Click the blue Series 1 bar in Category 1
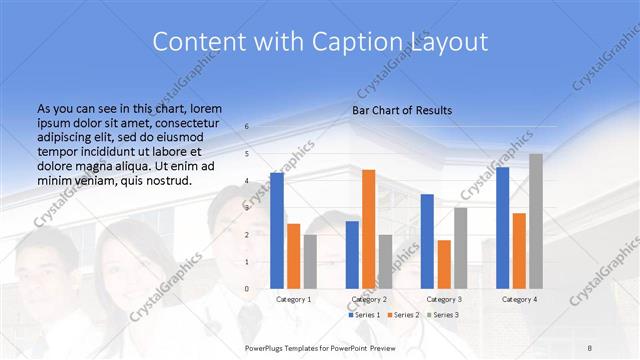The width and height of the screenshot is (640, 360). pos(277,231)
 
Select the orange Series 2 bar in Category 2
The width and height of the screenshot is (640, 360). pos(368,229)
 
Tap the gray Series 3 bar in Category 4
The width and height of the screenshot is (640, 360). pos(536,221)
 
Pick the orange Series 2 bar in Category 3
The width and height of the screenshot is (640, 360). pos(444,264)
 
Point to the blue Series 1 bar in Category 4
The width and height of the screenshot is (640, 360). pos(502,228)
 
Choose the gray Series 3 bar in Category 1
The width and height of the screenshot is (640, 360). pos(310,262)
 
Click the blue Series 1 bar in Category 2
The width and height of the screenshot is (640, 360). pos(352,255)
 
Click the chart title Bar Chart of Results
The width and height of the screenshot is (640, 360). pos(402,110)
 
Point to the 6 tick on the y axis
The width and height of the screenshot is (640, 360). pos(247,127)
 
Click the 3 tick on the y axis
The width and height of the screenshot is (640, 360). pos(247,208)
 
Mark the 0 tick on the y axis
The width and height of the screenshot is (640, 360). pos(247,289)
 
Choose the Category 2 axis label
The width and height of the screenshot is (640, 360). pos(368,299)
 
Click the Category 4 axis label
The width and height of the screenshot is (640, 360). pos(519,299)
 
